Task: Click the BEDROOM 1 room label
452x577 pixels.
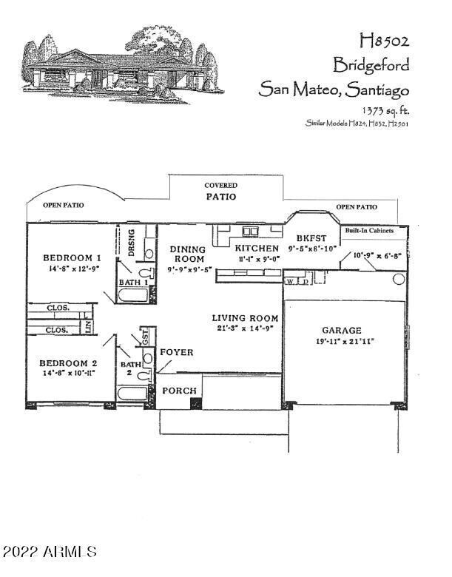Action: coord(72,257)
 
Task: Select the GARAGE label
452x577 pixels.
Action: coord(342,330)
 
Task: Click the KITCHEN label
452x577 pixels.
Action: coord(257,249)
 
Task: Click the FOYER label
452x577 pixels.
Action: coord(178,353)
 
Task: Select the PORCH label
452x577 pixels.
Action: coord(179,391)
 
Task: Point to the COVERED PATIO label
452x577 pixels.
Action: coord(221,192)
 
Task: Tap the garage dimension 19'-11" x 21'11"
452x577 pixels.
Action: coord(343,342)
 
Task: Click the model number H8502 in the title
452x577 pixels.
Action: coord(384,38)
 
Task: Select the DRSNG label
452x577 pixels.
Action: coord(132,242)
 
